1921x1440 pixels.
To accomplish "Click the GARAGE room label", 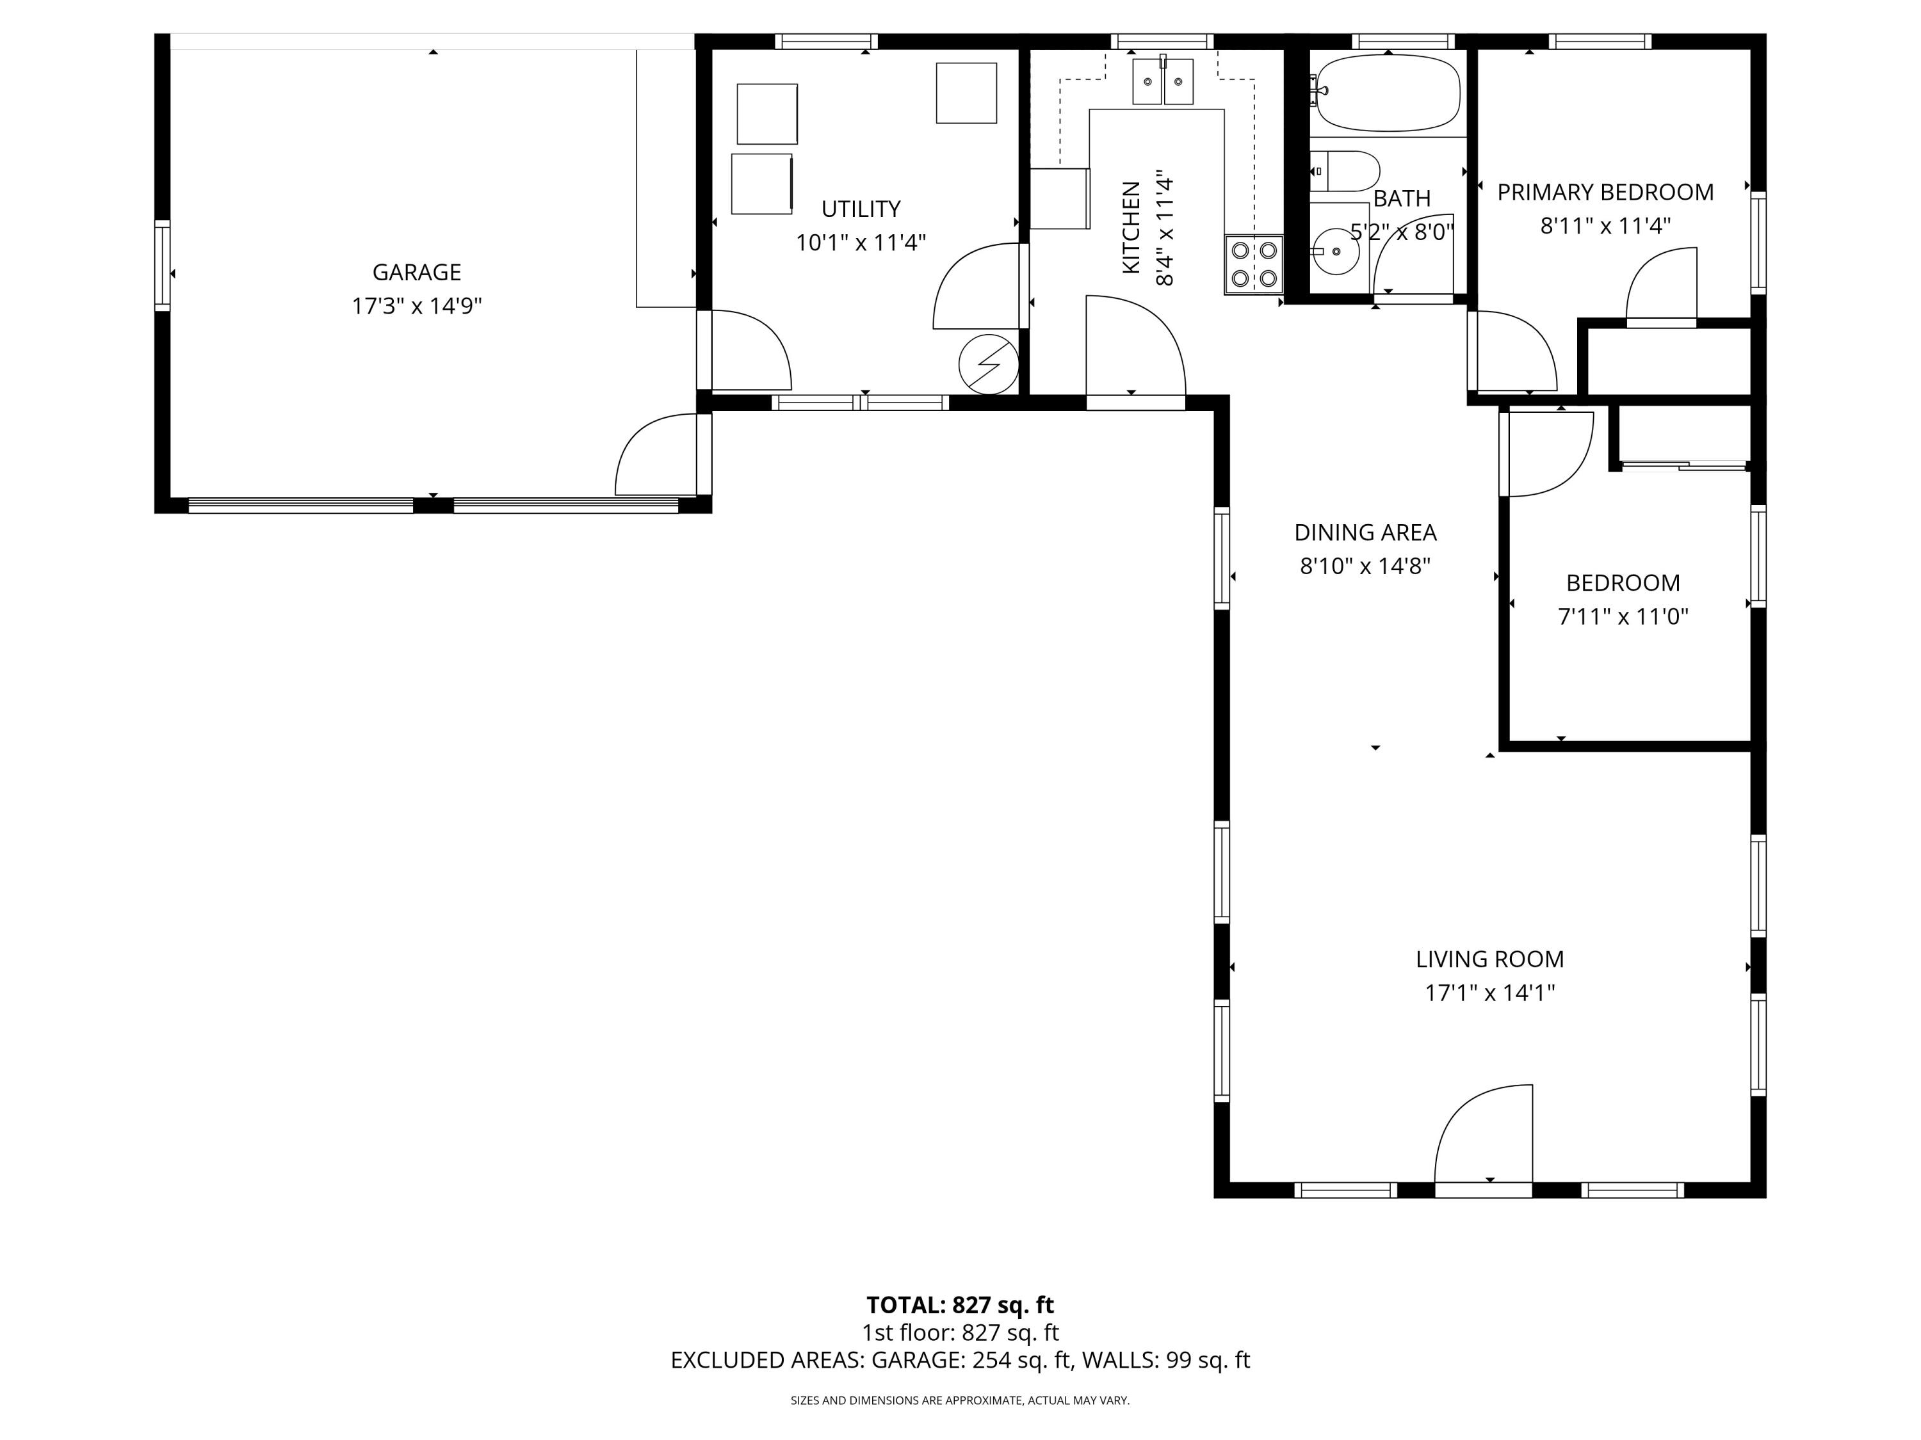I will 416,273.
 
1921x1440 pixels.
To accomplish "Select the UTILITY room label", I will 861,209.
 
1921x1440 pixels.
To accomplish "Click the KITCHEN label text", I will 1131,227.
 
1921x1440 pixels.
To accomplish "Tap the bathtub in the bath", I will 1388,92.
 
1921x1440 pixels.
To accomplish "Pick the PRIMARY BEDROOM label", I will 1605,193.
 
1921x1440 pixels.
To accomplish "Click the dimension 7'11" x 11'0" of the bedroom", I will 1622,617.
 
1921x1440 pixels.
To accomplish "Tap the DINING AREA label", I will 1365,532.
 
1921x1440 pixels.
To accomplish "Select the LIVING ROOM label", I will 1489,959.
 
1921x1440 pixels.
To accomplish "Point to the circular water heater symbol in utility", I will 988,365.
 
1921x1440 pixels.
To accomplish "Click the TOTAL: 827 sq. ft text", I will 960,1304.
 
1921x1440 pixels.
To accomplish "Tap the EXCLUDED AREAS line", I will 960,1360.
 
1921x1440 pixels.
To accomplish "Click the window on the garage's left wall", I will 163,265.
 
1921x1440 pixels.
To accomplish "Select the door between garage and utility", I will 745,351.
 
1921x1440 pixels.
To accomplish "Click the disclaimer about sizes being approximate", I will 960,1400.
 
